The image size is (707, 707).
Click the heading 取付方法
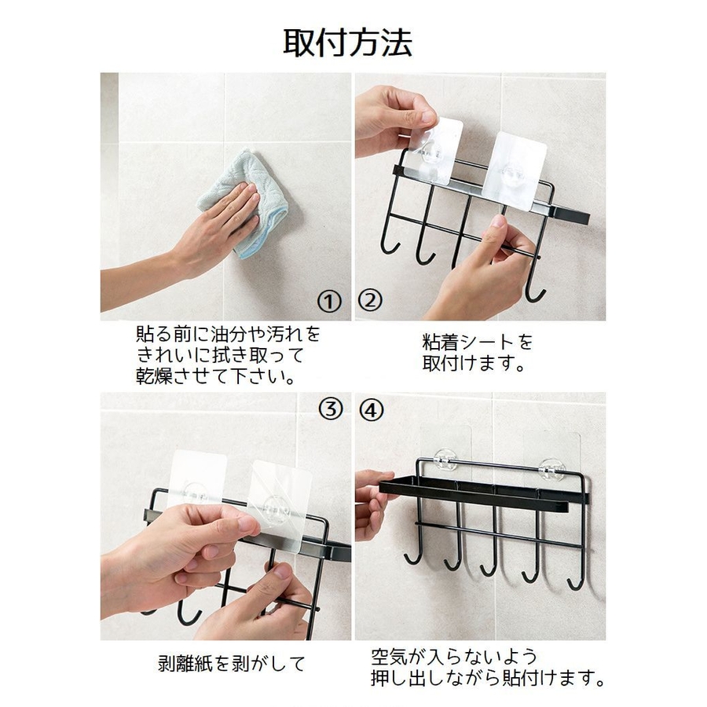(348, 43)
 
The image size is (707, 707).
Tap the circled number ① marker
(329, 302)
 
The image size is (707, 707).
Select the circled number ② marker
(370, 300)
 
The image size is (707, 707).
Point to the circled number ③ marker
(331, 409)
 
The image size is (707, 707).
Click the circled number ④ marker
(372, 410)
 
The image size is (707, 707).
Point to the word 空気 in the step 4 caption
(390, 657)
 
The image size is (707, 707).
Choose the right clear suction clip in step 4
(552, 469)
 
